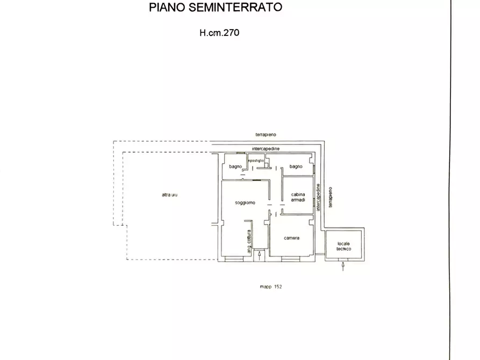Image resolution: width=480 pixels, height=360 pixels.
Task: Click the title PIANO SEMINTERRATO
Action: coord(215,8)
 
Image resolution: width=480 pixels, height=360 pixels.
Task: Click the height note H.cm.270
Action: coord(219,33)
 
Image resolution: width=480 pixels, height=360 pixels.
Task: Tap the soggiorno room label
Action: coord(245,203)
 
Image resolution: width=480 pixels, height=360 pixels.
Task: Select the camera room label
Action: coord(291,238)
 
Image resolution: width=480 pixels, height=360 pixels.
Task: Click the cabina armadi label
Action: coord(298,197)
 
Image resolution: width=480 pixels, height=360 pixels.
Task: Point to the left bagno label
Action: coord(235,167)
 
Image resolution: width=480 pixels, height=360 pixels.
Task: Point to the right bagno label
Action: coord(296,167)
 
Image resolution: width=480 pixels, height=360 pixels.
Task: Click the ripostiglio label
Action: coord(256,161)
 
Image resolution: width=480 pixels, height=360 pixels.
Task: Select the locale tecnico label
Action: coord(343,246)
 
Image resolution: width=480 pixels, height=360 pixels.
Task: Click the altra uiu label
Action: coord(169,195)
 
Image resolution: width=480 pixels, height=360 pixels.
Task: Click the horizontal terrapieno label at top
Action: coord(266,134)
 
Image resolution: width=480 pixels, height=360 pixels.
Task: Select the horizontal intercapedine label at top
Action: coord(266,148)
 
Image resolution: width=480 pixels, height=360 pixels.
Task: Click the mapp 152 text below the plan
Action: coord(270,286)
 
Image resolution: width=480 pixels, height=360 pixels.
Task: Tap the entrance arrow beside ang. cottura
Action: coord(260,255)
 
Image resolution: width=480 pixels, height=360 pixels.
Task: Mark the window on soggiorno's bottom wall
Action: coord(234,259)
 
